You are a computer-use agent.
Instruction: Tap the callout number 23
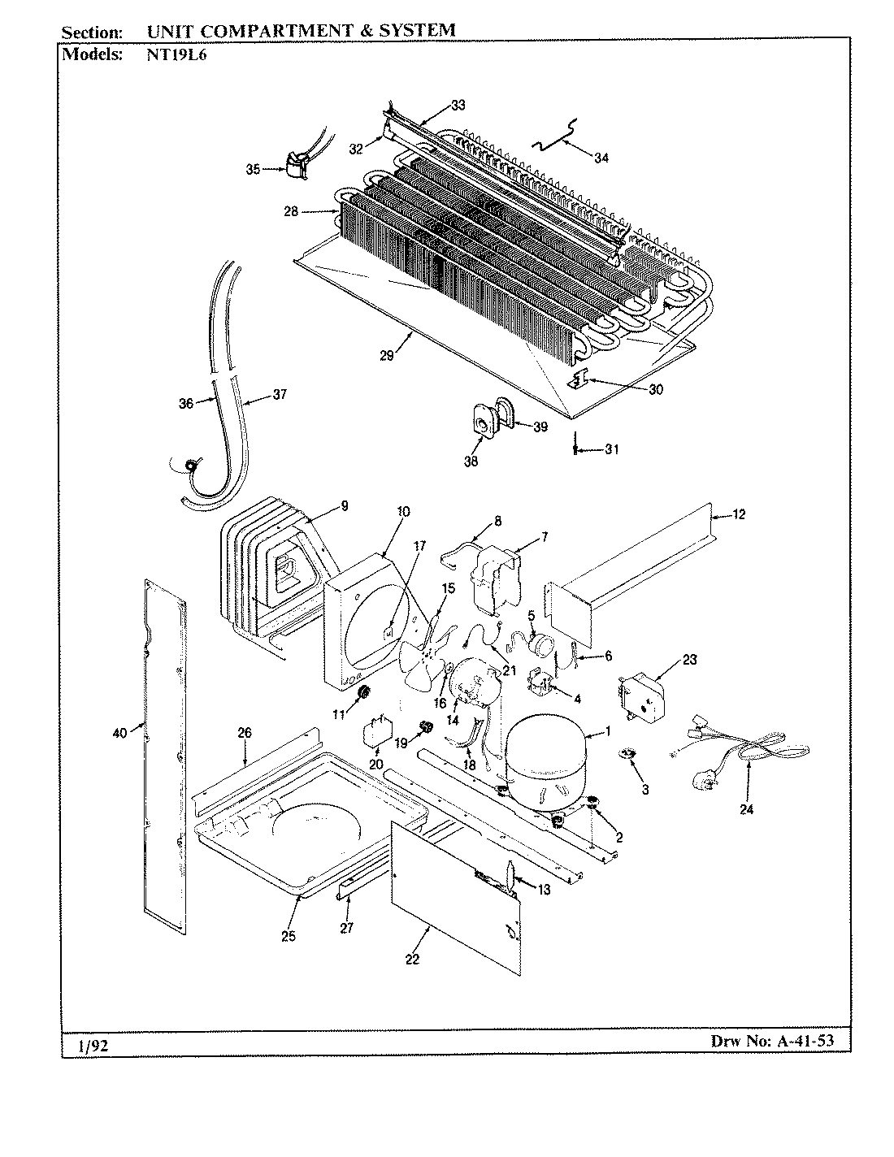[x=689, y=660]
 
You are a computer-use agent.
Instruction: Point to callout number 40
[x=119, y=734]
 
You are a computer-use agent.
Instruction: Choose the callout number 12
[x=737, y=513]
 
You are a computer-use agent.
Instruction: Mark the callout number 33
[x=458, y=105]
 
